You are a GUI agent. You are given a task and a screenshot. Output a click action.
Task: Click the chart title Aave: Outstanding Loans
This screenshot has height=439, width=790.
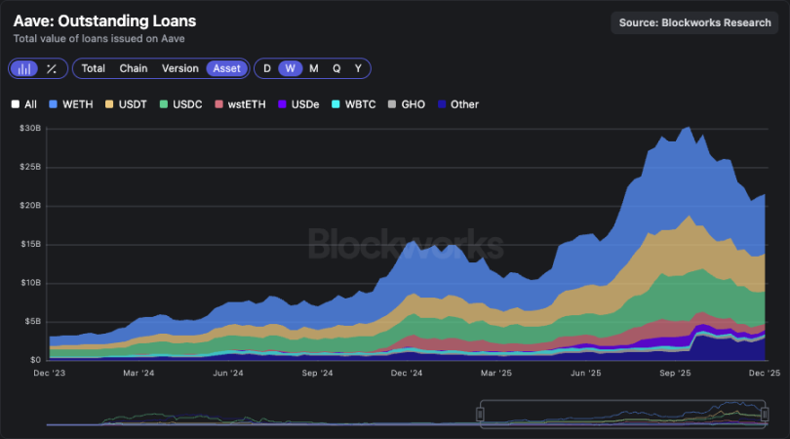(104, 20)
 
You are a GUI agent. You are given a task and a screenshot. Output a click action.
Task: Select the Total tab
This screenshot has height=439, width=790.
(94, 68)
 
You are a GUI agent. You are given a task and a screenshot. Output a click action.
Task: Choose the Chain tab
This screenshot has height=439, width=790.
(134, 68)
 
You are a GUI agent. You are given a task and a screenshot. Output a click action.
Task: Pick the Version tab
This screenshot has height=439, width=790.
(179, 68)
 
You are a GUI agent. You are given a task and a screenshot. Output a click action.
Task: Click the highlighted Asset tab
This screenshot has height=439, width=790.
(227, 68)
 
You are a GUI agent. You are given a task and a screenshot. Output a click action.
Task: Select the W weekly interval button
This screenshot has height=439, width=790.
(290, 68)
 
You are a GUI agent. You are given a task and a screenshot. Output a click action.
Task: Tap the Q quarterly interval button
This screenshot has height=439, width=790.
(336, 68)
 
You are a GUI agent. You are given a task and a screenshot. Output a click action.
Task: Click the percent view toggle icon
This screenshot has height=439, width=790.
(53, 68)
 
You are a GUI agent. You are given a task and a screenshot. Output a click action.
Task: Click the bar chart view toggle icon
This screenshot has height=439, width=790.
(24, 68)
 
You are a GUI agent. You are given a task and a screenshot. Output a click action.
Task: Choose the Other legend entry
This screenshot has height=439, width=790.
(457, 104)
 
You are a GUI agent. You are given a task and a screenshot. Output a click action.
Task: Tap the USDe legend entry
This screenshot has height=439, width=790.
(300, 104)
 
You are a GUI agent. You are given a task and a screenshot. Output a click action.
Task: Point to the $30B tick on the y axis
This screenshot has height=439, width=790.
(29, 129)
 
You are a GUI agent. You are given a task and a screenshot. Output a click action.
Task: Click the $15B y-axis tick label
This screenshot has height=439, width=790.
(29, 244)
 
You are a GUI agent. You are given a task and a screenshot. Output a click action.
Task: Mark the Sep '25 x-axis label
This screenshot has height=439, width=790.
(675, 373)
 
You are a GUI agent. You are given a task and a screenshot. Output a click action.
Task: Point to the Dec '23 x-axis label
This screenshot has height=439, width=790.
(50, 373)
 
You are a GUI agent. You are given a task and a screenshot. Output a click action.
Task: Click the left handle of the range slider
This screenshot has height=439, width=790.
(480, 414)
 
